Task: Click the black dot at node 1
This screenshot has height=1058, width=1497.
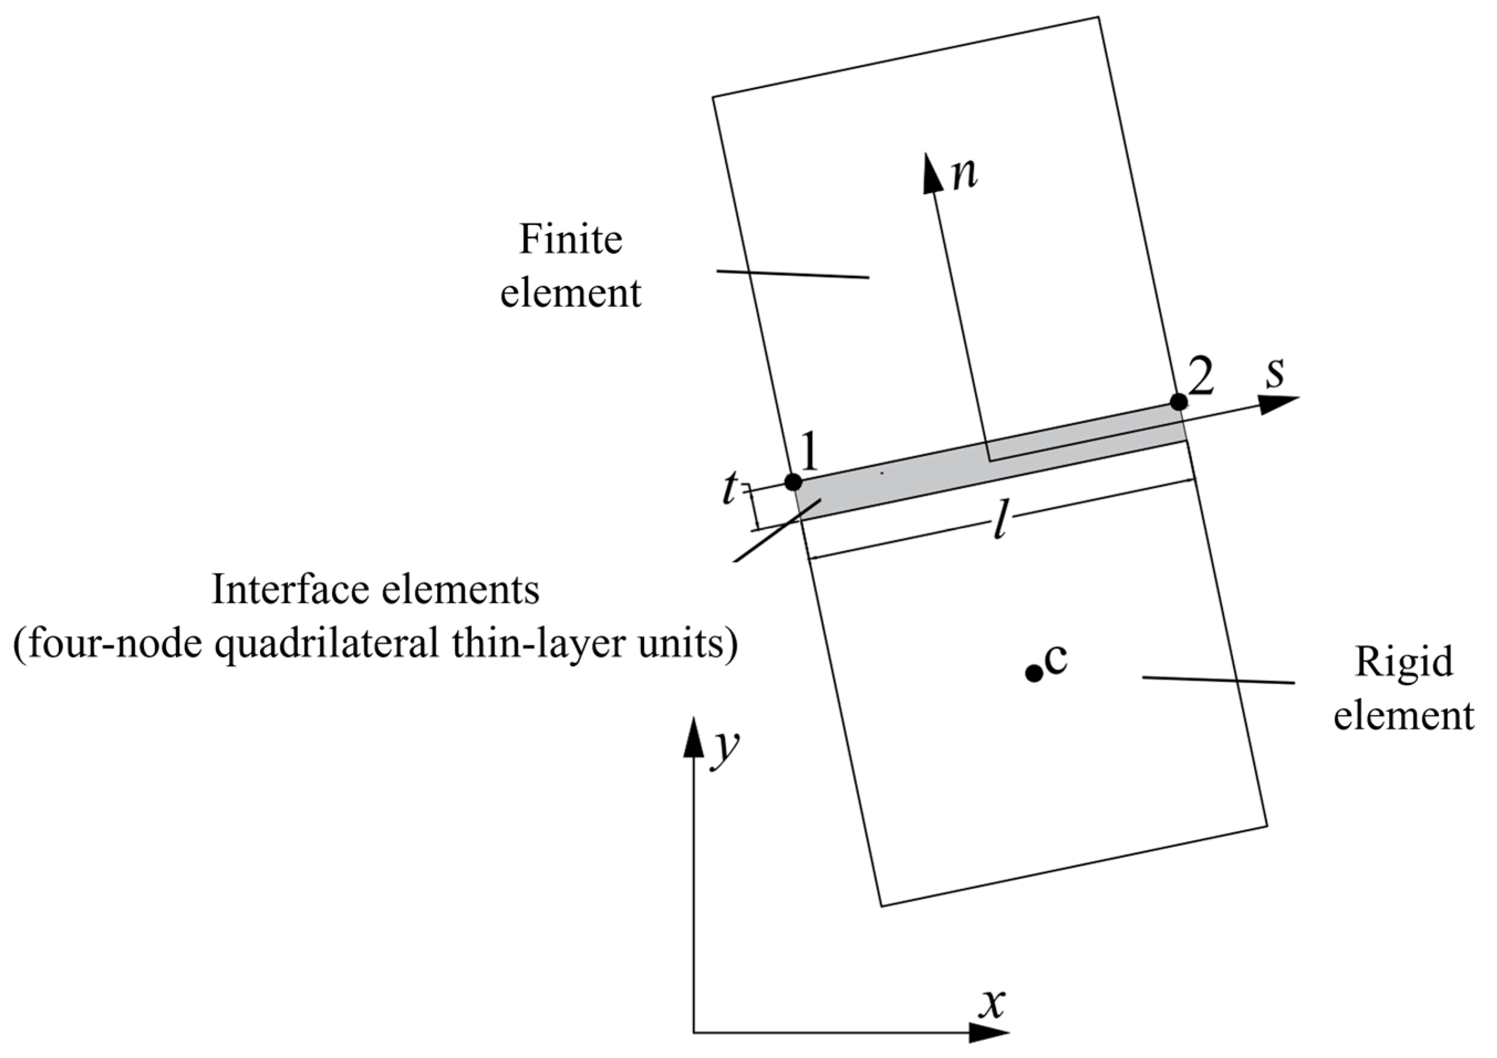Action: (x=793, y=482)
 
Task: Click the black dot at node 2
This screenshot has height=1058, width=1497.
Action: (x=1178, y=402)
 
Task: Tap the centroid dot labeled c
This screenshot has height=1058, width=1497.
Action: (x=1034, y=674)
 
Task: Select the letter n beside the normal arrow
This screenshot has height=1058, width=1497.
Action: (x=965, y=174)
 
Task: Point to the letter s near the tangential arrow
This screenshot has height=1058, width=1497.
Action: (x=1275, y=373)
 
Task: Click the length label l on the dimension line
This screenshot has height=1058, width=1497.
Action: (x=1000, y=522)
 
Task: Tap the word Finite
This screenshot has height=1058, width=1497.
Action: (x=570, y=239)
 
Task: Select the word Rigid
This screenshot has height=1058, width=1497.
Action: (x=1404, y=663)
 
